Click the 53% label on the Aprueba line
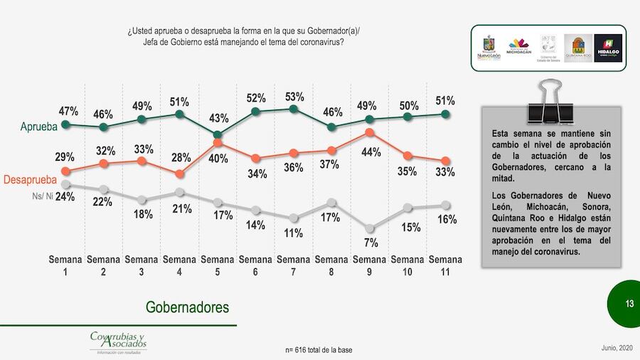click(x=294, y=97)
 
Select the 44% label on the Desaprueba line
click(x=370, y=152)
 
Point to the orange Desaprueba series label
click(x=30, y=180)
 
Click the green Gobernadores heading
click(x=188, y=307)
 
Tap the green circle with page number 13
click(x=629, y=304)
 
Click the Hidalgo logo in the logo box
click(x=607, y=48)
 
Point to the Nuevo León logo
click(x=489, y=48)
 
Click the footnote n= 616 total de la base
click(x=318, y=350)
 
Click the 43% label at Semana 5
click(x=218, y=118)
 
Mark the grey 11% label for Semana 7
click(x=294, y=233)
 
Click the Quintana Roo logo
click(x=577, y=48)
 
